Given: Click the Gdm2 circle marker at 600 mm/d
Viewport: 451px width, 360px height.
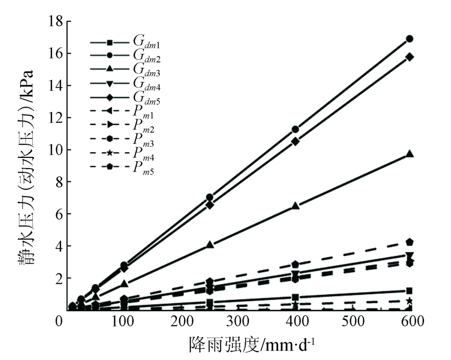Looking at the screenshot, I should click(x=409, y=39).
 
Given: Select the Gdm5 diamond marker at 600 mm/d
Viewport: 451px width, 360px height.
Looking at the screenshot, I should click(x=409, y=57).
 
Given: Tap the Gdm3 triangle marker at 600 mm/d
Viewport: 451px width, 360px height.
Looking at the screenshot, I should click(x=409, y=154).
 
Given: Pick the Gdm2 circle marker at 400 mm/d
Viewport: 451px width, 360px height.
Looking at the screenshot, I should click(x=296, y=129).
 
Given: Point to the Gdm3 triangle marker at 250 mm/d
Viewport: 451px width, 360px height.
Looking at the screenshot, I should click(x=210, y=245).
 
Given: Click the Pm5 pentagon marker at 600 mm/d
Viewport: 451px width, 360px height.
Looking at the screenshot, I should click(x=409, y=242).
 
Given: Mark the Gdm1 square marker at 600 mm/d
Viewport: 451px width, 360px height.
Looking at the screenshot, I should click(x=409, y=291).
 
